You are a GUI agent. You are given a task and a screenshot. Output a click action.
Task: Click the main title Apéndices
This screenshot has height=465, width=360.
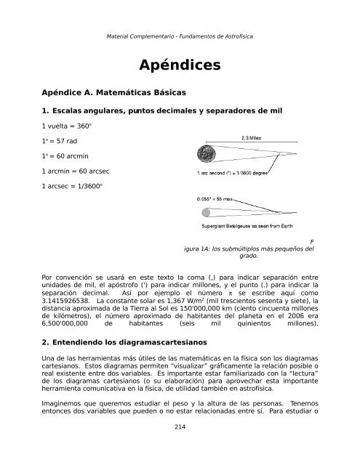[180, 66]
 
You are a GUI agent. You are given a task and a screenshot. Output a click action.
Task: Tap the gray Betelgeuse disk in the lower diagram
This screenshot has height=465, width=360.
[205, 212]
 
